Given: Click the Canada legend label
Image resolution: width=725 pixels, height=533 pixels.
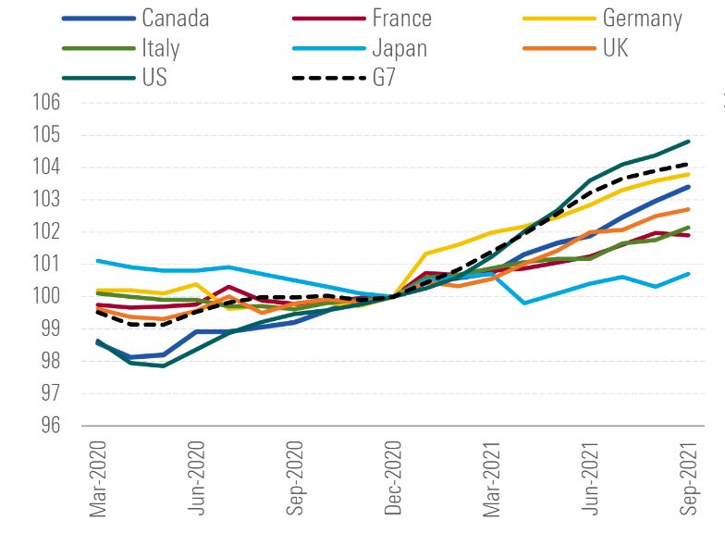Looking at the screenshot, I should click(x=176, y=18).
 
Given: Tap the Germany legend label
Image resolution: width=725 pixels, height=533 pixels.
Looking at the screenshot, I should click(x=642, y=18).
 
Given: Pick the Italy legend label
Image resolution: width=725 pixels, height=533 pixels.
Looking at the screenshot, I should click(x=161, y=46).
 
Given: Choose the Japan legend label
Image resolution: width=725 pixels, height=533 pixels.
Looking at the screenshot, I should click(x=401, y=46).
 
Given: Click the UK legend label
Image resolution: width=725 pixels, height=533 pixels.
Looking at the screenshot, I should click(x=615, y=46).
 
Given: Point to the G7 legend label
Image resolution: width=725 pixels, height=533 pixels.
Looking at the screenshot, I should click(x=386, y=76).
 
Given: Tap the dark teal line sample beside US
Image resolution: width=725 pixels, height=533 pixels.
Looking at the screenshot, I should click(x=96, y=77).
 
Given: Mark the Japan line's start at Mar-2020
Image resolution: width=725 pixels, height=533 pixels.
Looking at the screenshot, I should click(x=97, y=261).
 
